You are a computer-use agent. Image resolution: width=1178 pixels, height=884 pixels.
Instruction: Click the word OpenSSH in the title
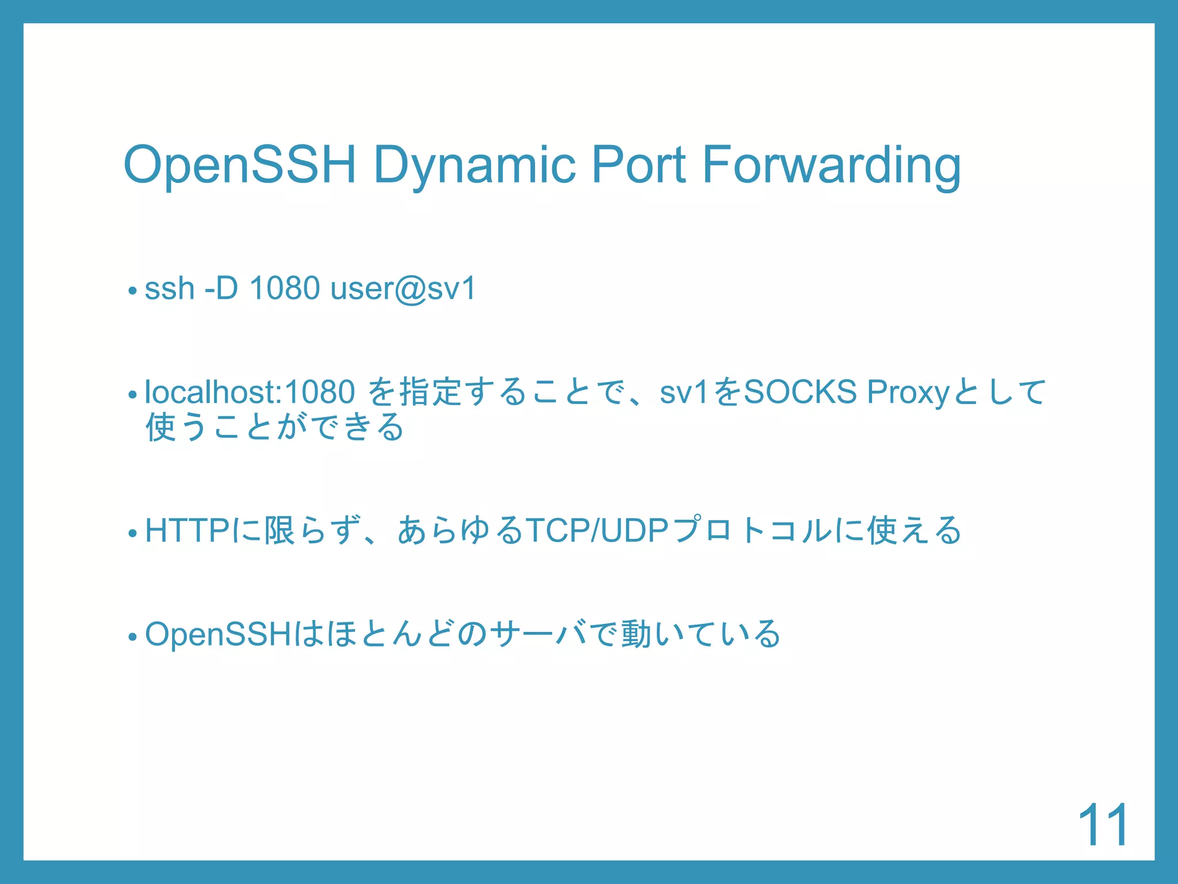click(240, 165)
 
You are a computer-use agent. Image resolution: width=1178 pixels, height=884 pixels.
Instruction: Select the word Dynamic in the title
click(474, 166)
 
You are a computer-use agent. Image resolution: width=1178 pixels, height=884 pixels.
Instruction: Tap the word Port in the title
click(638, 165)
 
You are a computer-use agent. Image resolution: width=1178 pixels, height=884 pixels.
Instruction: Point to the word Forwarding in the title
click(831, 166)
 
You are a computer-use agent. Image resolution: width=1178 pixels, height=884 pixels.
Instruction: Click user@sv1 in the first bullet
click(403, 289)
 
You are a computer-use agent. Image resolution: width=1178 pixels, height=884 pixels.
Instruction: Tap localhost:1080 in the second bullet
click(250, 392)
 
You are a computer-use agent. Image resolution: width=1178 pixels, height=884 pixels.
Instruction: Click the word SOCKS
click(800, 392)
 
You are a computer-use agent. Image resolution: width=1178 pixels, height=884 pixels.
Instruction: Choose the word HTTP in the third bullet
click(188, 530)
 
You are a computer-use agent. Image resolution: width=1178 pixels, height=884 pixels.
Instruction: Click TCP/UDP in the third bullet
click(596, 530)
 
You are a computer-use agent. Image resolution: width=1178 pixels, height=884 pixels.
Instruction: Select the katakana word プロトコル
click(752, 530)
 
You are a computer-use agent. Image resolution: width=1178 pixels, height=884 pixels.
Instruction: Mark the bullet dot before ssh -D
click(132, 291)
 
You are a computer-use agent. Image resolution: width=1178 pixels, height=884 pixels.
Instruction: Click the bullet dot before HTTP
click(132, 534)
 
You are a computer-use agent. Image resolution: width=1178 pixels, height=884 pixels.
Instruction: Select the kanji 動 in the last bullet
click(636, 634)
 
